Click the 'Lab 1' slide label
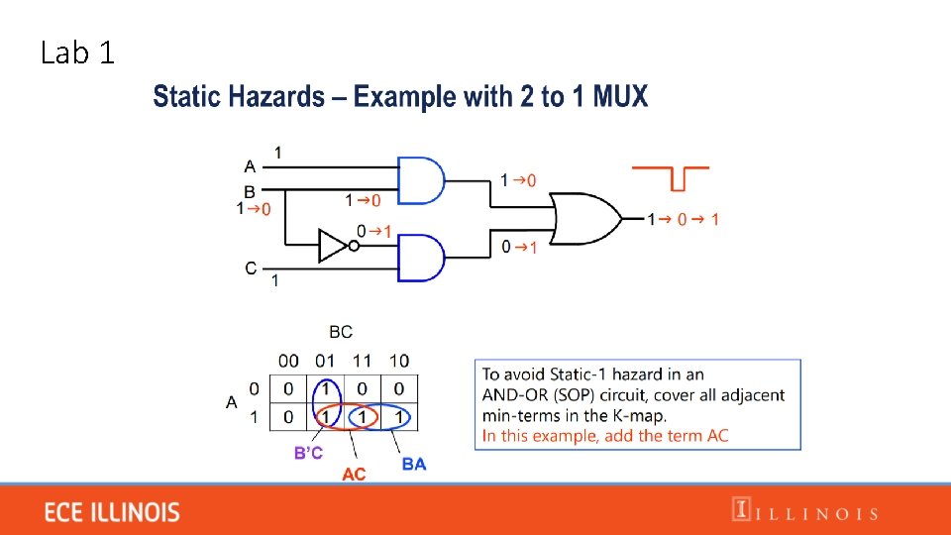point(77,53)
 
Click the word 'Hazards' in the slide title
point(276,97)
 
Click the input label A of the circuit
point(250,166)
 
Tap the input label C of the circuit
point(251,267)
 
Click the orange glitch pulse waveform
point(671,177)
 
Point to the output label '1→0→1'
point(684,219)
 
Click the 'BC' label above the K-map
point(340,332)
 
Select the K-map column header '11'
point(363,361)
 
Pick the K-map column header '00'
point(288,361)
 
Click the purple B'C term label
point(308,453)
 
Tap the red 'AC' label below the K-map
point(354,475)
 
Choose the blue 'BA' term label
point(414,463)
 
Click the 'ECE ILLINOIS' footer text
point(112,512)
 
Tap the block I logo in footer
point(740,510)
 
